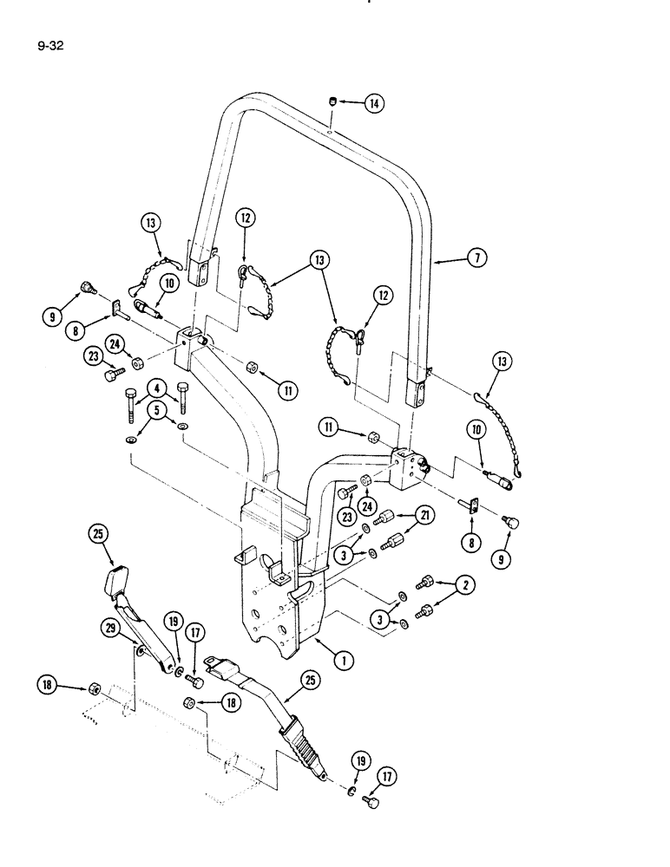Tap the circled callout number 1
tap(345, 661)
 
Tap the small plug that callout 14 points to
tap(333, 103)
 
